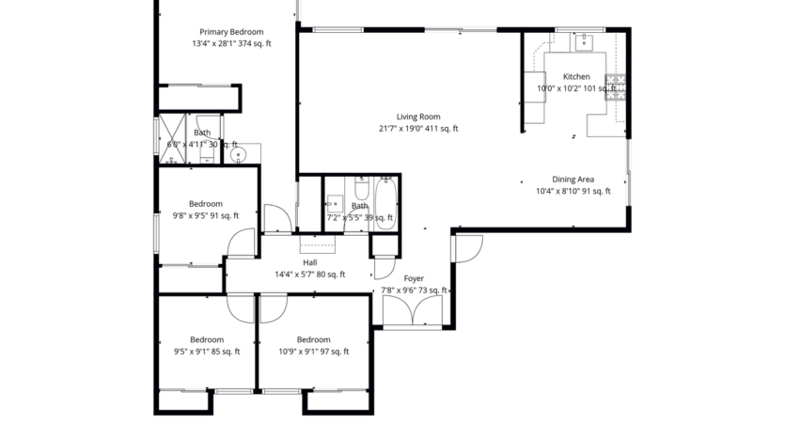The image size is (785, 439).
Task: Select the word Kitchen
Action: [576, 76]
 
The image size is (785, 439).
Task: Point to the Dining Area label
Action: [573, 179]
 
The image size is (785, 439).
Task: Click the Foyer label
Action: [414, 278]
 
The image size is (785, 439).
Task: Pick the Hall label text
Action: [309, 263]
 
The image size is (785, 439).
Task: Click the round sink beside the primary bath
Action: [239, 154]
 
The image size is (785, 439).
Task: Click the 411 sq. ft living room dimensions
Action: [418, 129]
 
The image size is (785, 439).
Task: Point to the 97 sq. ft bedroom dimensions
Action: [313, 352]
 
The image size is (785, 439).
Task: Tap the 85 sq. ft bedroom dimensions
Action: [207, 352]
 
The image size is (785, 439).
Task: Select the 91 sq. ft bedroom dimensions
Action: [205, 215]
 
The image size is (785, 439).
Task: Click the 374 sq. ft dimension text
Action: [228, 43]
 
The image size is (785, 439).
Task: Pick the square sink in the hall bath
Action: [335, 202]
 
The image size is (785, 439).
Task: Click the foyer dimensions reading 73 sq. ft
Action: [415, 290]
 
